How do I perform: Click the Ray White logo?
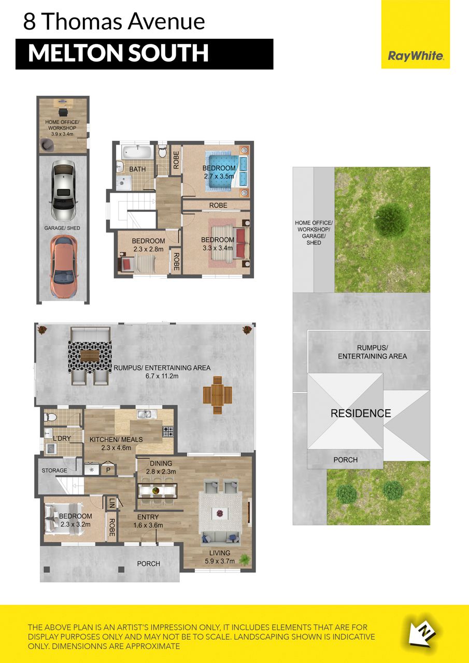pyautogui.click(x=416, y=56)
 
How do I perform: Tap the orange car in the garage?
pyautogui.click(x=63, y=267)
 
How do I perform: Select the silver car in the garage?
pyautogui.click(x=63, y=191)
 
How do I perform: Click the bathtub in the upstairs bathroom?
pyautogui.click(x=138, y=153)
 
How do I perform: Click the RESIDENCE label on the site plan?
pyautogui.click(x=361, y=413)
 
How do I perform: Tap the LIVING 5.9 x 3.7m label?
pyautogui.click(x=220, y=557)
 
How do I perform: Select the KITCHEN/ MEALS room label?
pyautogui.click(x=116, y=443)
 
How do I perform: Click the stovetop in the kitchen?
pyautogui.click(x=168, y=432)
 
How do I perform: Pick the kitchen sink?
pyautogui.click(x=144, y=414)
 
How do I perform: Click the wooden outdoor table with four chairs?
pyautogui.click(x=217, y=395)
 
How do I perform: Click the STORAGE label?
pyautogui.click(x=54, y=470)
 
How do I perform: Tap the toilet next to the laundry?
pyautogui.click(x=50, y=417)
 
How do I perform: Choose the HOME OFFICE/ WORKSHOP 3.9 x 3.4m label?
pyautogui.click(x=62, y=128)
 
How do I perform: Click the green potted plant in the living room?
pyautogui.click(x=245, y=558)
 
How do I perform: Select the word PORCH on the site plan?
pyautogui.click(x=346, y=459)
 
